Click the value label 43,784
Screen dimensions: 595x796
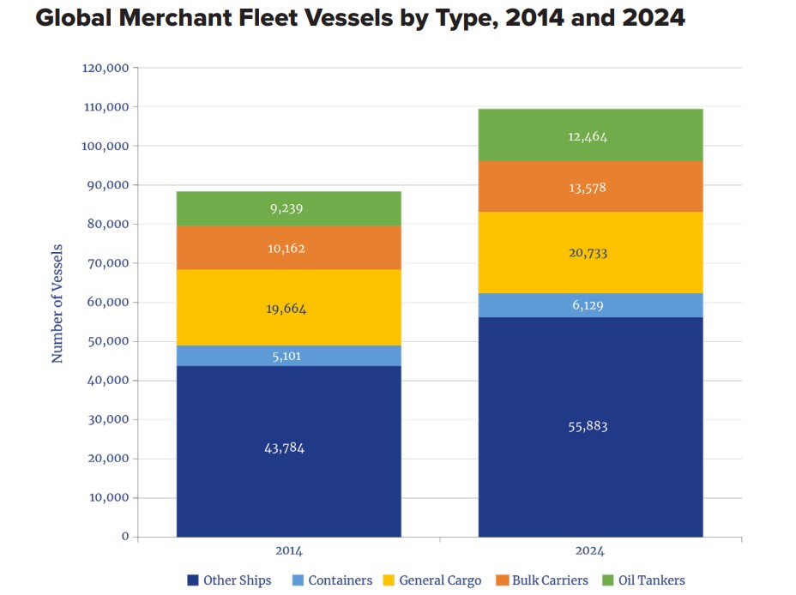click(284, 448)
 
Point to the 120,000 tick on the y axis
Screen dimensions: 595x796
click(106, 68)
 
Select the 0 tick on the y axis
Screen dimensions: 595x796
click(124, 537)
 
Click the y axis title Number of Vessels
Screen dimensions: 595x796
click(58, 302)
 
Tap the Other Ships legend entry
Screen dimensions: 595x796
click(229, 580)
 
